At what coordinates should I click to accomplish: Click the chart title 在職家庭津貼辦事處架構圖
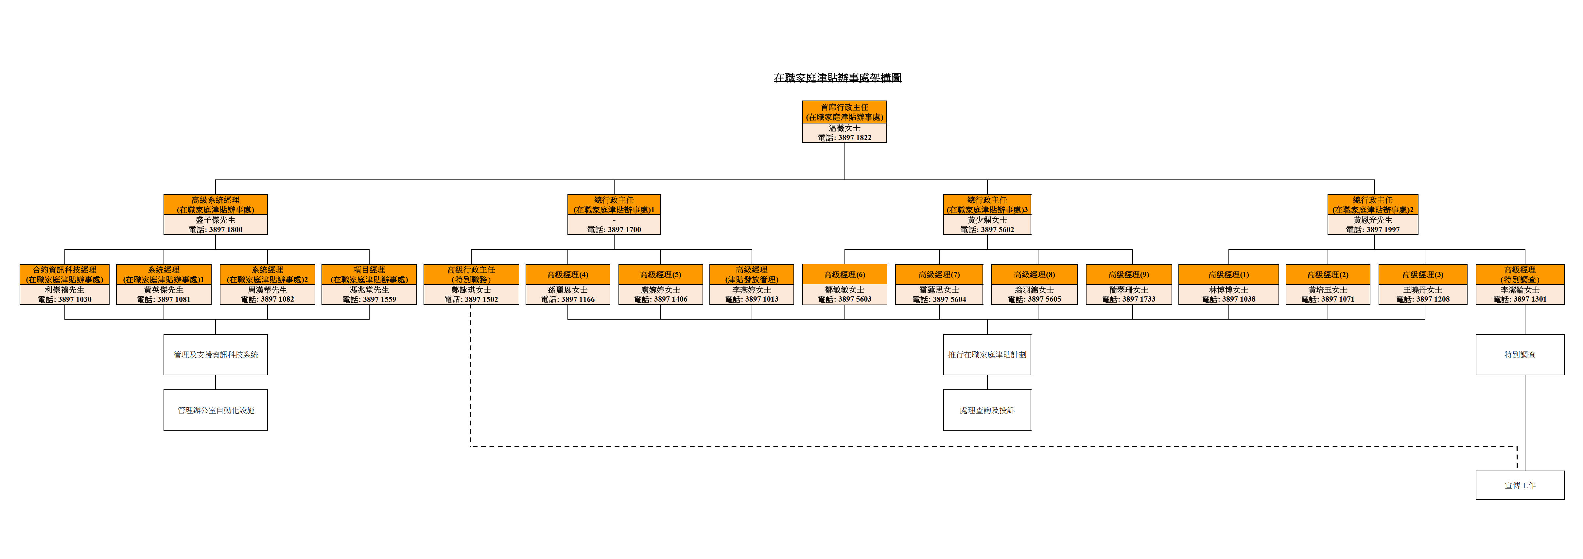coord(837,78)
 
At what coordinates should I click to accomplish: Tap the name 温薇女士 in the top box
coord(844,128)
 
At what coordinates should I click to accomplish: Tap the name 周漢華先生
coord(267,289)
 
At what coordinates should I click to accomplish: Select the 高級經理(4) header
coord(567,275)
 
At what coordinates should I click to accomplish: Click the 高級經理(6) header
coord(844,275)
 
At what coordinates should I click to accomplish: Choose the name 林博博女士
coord(1228,289)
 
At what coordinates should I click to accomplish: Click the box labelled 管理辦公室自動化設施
coord(216,410)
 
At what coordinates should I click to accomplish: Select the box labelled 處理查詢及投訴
coord(987,410)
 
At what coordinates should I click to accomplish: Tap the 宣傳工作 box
coord(1520,485)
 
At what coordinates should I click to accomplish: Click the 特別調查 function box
coord(1520,355)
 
